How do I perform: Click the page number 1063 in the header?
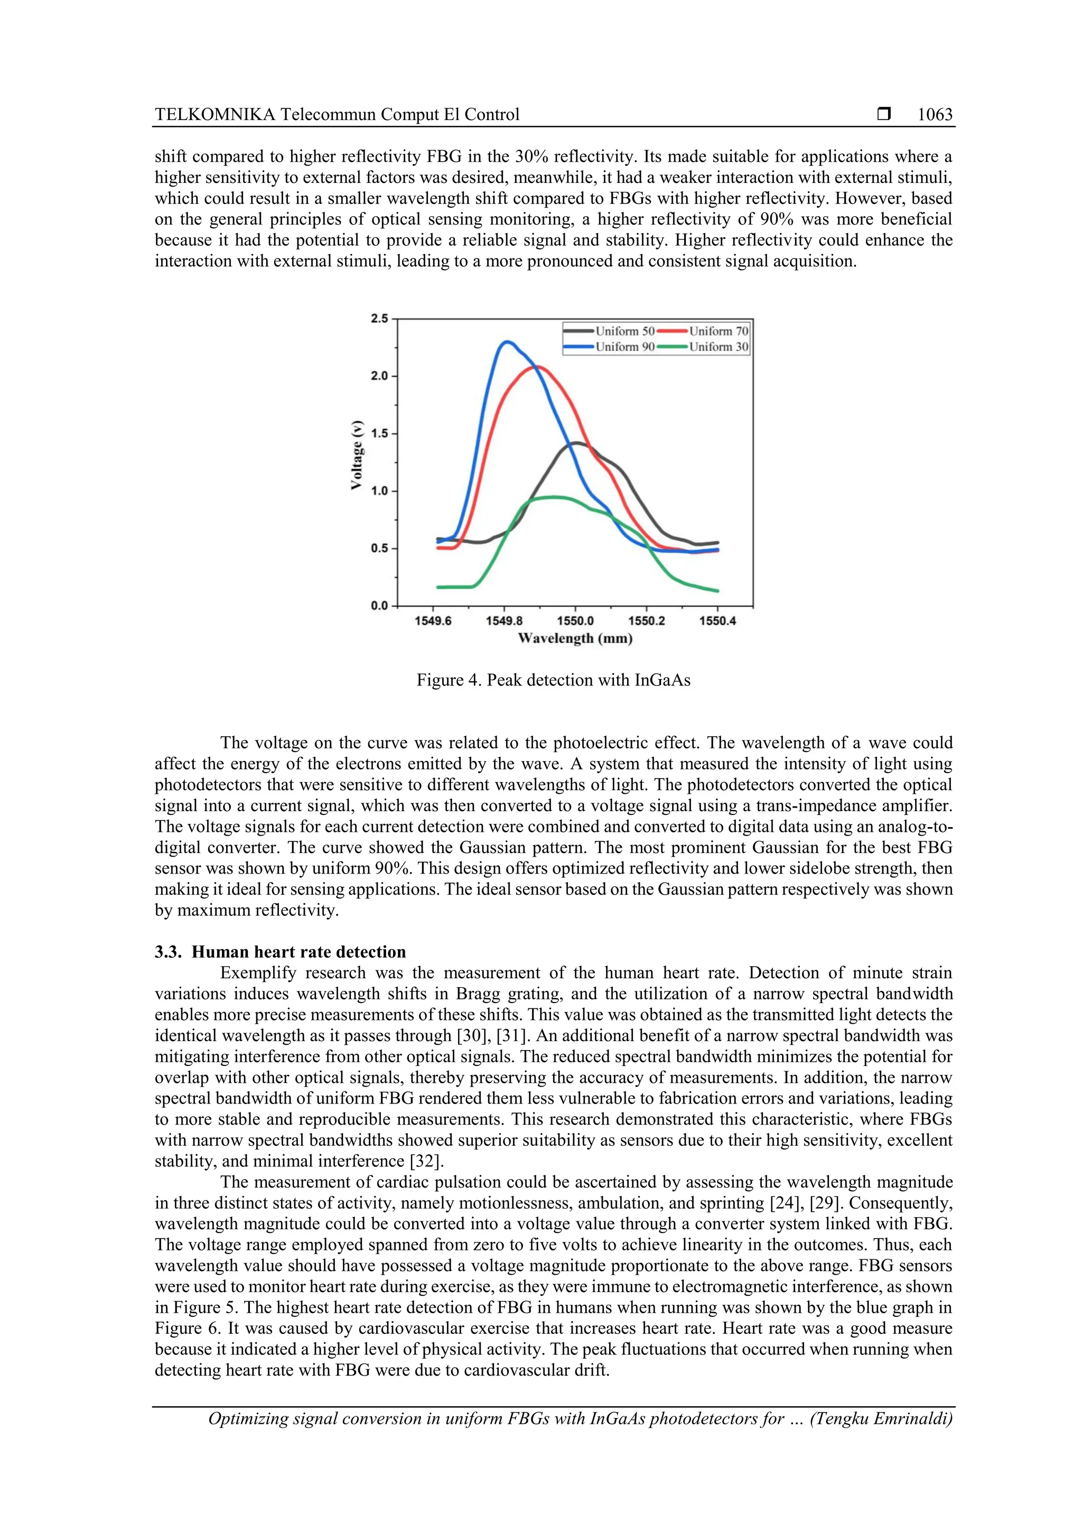point(935,115)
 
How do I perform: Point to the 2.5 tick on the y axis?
point(379,319)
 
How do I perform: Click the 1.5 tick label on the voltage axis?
point(379,433)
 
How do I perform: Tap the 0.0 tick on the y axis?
point(379,606)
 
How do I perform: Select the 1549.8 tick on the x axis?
point(504,621)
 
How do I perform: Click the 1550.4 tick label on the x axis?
point(717,621)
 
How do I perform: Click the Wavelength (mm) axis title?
point(575,639)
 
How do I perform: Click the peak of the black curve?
point(576,443)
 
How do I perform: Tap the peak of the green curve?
point(553,497)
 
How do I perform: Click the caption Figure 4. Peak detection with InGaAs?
point(553,680)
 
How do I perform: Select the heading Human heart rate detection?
point(298,952)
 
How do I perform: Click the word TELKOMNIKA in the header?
point(214,115)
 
